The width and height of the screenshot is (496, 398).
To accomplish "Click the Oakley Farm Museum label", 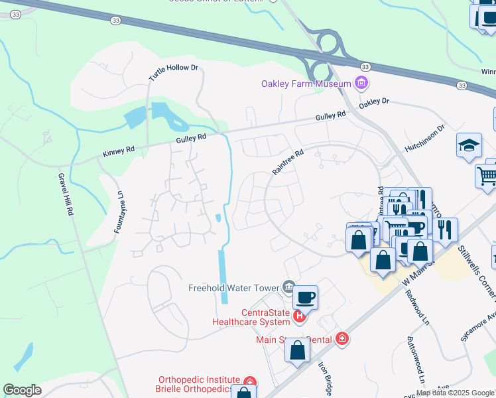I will point(306,84).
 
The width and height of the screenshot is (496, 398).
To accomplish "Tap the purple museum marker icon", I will point(361,84).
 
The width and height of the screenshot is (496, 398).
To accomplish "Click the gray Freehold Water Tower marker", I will point(288,287).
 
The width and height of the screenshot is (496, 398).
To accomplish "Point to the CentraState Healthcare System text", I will point(256,317).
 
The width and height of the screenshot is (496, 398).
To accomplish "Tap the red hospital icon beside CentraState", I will point(299,317).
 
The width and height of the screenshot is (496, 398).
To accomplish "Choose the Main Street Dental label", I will point(294,340).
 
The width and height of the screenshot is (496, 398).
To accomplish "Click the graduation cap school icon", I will point(469,145).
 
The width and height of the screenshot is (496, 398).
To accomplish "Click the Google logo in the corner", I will point(22,390).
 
